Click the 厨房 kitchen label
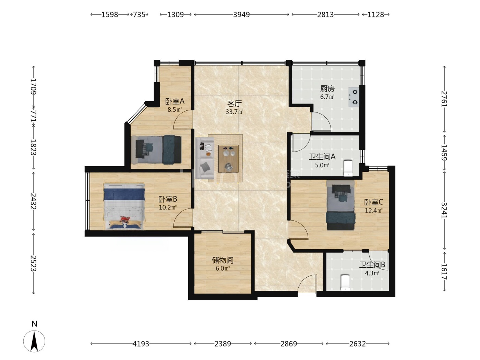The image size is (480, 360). tap(327, 88)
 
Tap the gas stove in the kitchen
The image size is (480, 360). tap(354, 97)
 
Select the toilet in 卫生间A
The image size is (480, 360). tap(348, 168)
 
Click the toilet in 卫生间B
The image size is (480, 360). tap(345, 283)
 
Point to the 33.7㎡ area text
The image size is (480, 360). tap(235, 112)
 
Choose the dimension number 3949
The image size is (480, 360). tap(241, 15)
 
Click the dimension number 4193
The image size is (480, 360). tap(141, 344)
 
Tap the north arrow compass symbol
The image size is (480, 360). tap(34, 341)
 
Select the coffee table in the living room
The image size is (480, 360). tap(229, 158)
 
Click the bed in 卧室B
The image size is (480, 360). tap(124, 206)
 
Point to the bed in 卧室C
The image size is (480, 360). tap(341, 205)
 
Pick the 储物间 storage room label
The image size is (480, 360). tap(223, 260)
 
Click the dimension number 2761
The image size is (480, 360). tap(444, 99)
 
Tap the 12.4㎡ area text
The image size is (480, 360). tap(374, 211)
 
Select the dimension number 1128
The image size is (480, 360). tap(376, 15)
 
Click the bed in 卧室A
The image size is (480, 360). tap(156, 150)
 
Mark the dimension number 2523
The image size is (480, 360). tap(33, 263)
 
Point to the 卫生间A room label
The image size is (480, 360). tap(322, 157)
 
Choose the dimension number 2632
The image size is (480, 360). tap(358, 344)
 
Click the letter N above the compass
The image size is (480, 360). tap(34, 324)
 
